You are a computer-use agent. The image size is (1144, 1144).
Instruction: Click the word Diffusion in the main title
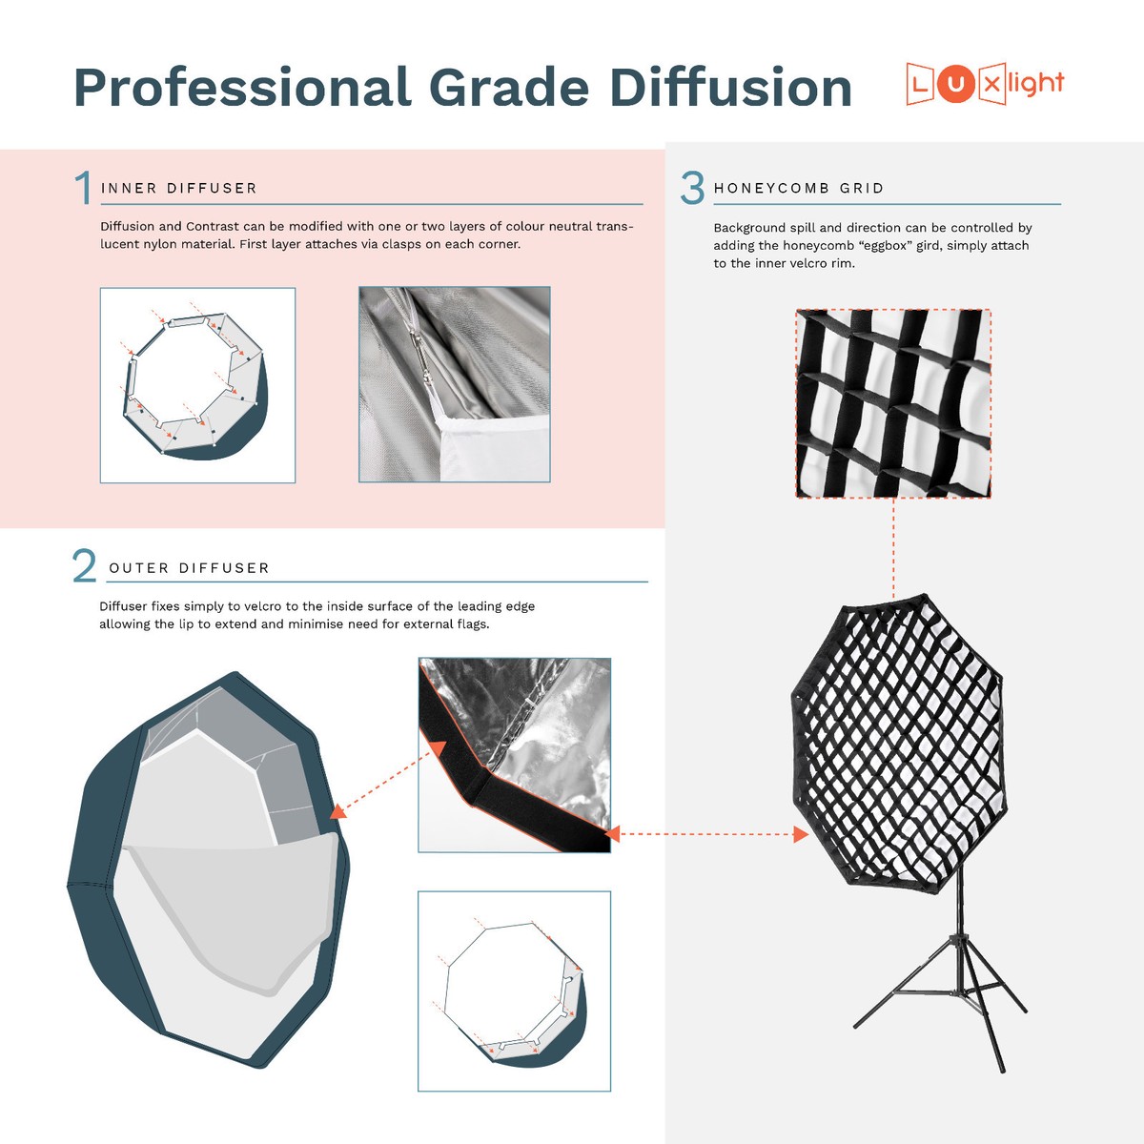tap(730, 88)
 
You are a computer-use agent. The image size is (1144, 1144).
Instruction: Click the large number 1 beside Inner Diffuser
tap(84, 188)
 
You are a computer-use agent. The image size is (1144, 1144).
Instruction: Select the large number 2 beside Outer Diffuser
tap(85, 566)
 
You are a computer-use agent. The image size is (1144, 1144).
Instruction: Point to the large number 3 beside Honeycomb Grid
tap(693, 188)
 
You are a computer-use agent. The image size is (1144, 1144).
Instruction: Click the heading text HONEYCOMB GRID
tap(799, 189)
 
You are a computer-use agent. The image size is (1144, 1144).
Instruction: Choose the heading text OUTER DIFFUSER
tap(189, 568)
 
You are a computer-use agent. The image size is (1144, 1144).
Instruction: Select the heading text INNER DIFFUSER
tap(179, 189)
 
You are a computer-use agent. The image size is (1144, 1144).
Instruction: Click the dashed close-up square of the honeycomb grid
tap(893, 402)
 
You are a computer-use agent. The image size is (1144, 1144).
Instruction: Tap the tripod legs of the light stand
tap(939, 1001)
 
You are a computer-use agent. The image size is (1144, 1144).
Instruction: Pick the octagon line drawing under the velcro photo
tap(513, 991)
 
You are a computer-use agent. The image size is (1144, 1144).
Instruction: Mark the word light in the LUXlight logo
tap(1034, 85)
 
